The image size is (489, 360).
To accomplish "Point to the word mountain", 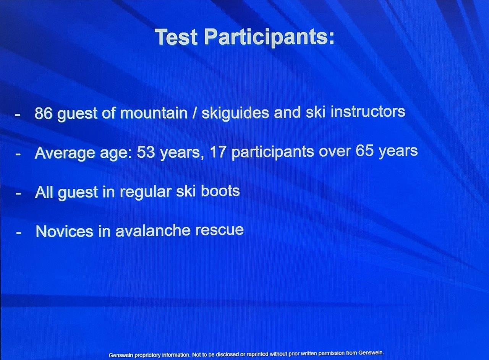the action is (x=154, y=113).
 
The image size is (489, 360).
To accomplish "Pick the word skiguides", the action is (x=235, y=114).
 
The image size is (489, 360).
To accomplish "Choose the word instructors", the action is (x=368, y=112).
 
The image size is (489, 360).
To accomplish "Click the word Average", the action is (x=65, y=152).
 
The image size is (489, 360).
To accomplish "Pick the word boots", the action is (x=220, y=191).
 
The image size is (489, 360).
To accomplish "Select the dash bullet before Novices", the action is (x=19, y=233).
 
